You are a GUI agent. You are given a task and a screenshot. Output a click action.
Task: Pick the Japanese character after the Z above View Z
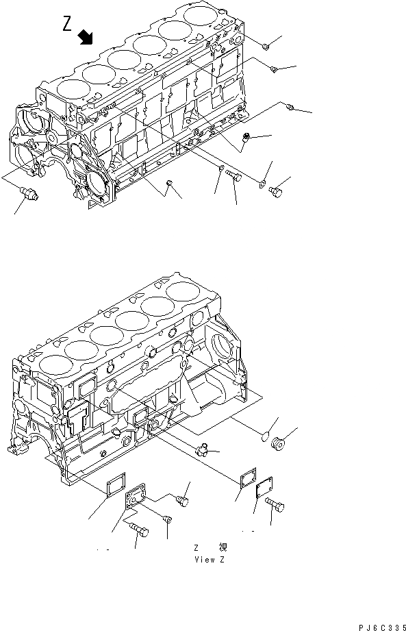coord(223,547)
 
